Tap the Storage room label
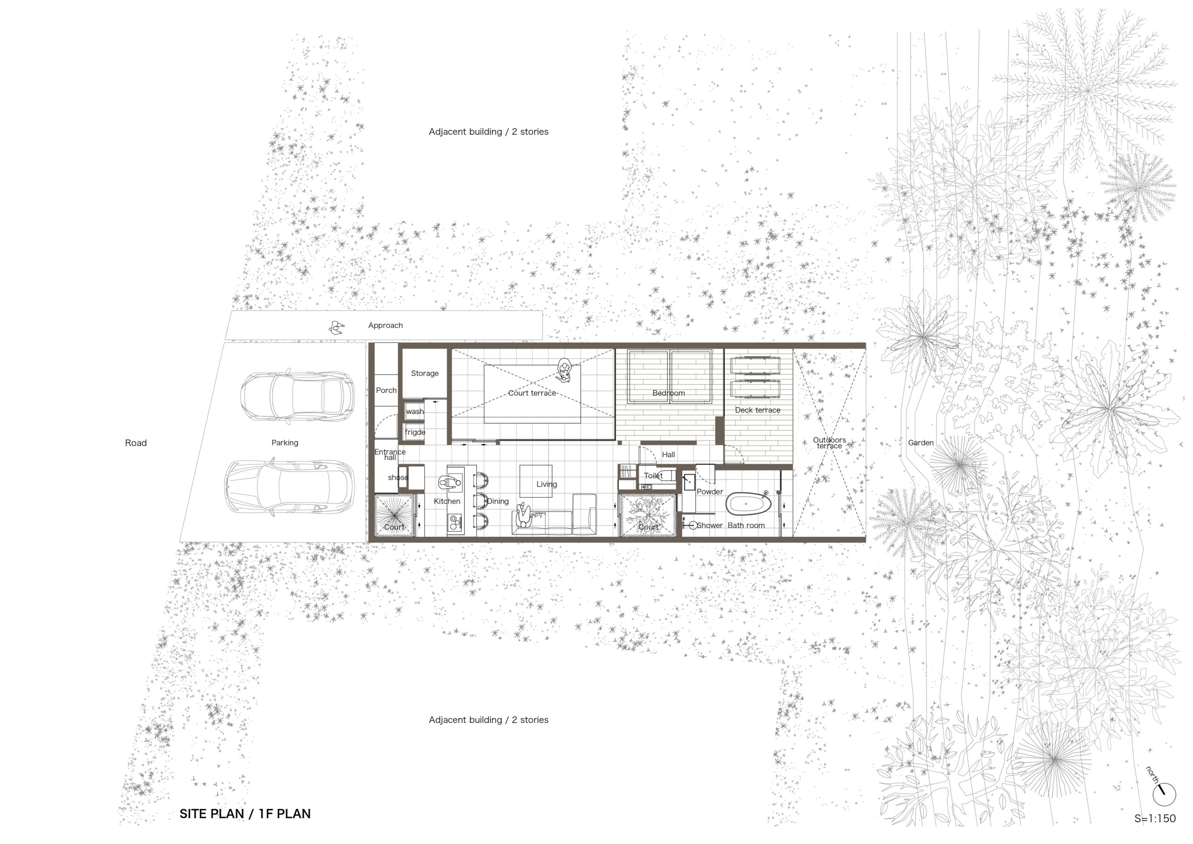(x=425, y=373)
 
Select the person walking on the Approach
(x=336, y=327)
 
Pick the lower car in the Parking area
(x=289, y=487)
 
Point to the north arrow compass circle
(x=1164, y=794)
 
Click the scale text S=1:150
(x=1154, y=818)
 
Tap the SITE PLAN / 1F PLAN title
(x=245, y=814)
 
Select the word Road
(x=136, y=443)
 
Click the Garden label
(x=921, y=443)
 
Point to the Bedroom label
(x=668, y=393)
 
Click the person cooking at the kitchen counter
(x=449, y=482)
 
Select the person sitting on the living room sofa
(x=524, y=516)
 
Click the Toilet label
(x=653, y=475)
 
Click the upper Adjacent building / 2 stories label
(x=488, y=131)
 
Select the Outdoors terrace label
(x=830, y=443)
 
